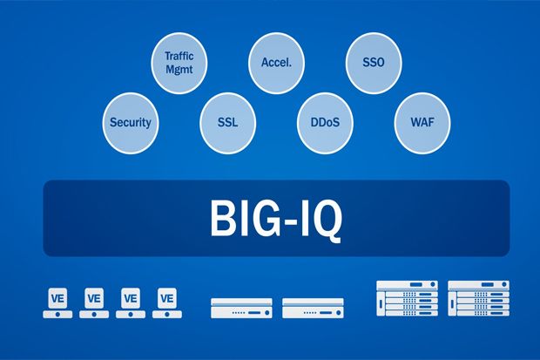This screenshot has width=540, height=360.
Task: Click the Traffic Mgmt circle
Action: pos(179,63)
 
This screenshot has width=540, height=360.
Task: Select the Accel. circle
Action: pos(276,63)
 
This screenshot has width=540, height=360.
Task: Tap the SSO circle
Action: pos(374,63)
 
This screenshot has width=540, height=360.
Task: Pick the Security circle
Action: pos(131,123)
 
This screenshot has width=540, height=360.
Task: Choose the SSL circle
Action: pos(227,123)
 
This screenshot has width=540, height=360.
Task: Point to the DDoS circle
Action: pos(325,123)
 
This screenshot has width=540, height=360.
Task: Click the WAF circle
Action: pos(422,123)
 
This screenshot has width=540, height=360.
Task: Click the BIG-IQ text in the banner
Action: pos(276,220)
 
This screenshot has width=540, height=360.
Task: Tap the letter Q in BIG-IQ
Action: pos(324,221)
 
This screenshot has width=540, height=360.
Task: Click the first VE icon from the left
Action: pos(57,302)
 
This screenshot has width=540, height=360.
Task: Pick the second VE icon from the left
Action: pos(94,302)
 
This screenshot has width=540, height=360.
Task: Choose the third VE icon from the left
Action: pos(131,302)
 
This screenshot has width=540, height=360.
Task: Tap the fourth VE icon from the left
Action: pos(167,302)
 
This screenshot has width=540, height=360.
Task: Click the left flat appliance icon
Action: pos(241,309)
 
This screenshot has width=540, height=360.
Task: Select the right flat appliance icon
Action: pos(313,309)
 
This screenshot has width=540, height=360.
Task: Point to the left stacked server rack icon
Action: pos(407,298)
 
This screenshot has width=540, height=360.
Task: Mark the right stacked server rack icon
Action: pos(478,298)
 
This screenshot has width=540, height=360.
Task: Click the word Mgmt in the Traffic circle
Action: pos(179,70)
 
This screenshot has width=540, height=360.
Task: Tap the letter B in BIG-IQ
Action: pos(222,218)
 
